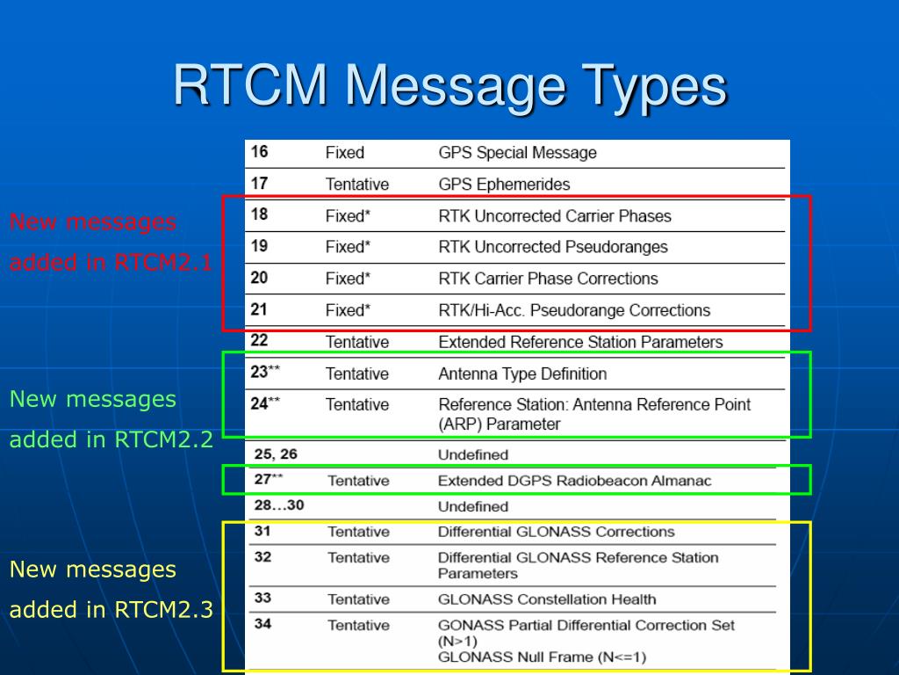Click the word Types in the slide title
pos(656,87)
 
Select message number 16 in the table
pos(260,152)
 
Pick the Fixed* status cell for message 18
pos(348,216)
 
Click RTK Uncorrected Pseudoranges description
pos(553,247)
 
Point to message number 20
pos(260,278)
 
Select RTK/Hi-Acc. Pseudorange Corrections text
pos(574,310)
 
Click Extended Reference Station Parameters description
pos(580,342)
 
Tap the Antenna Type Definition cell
pos(522,374)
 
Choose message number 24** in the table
pos(264,403)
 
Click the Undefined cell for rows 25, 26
pos(473,455)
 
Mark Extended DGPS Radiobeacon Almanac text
pos(574,481)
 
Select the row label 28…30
pos(278,506)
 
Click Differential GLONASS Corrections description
pos(556,532)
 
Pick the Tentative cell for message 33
pos(358,599)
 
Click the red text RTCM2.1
pos(163,263)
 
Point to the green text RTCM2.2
pos(163,439)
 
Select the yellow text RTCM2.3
pos(163,610)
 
